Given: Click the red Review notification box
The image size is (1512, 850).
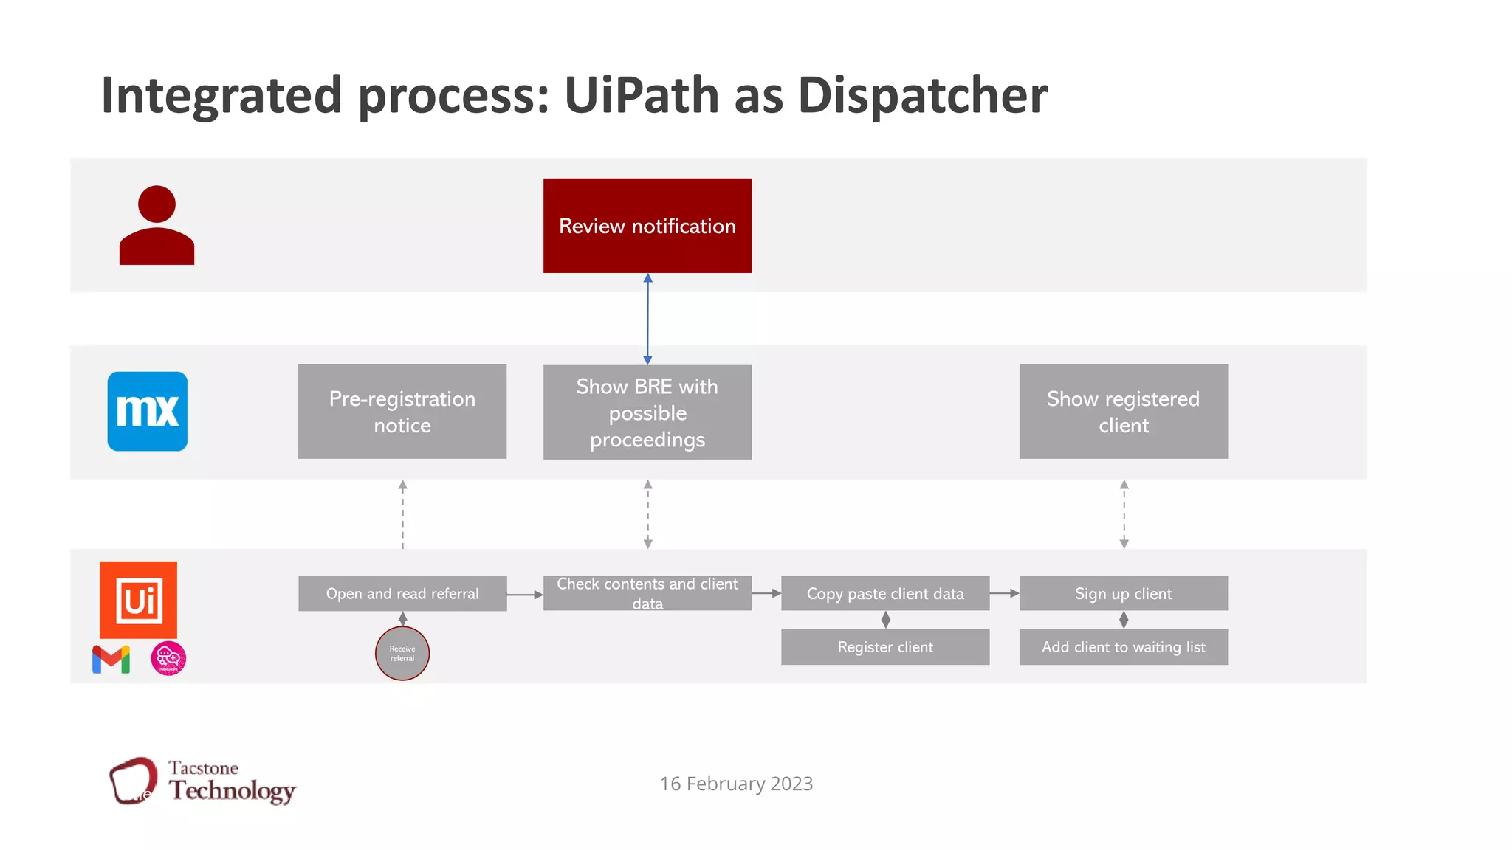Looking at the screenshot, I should point(647,226).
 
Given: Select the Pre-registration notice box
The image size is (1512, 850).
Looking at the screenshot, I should point(402,412).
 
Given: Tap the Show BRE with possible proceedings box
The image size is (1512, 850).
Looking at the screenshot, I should point(647,412).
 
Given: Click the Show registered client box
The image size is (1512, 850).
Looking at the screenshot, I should point(1123,412).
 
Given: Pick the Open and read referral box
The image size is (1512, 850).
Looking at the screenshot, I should point(402,593).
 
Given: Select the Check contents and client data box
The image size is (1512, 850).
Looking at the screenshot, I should point(647,593).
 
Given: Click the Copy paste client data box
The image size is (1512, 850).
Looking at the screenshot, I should point(885,593).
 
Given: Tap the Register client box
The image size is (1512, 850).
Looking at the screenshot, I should point(885,647).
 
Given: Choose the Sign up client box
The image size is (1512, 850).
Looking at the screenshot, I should point(1123,593).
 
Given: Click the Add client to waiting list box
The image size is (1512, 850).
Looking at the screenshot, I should point(1123,647).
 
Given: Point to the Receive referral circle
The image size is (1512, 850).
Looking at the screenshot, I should point(402,654).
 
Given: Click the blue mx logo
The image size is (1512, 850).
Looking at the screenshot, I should point(148,412).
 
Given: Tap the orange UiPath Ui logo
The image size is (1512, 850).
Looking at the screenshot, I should point(139,600).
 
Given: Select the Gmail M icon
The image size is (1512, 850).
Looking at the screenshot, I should point(111,659).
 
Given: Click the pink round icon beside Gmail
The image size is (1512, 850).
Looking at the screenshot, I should point(168,659).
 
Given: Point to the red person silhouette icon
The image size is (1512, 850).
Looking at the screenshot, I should point(157,226).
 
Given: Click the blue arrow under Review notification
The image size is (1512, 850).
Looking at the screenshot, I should point(647,319).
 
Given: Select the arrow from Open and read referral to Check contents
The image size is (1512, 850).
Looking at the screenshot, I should point(525,595).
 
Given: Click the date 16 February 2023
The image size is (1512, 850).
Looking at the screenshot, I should point(736,784).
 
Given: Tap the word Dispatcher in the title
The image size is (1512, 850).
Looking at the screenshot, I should point(922,95).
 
